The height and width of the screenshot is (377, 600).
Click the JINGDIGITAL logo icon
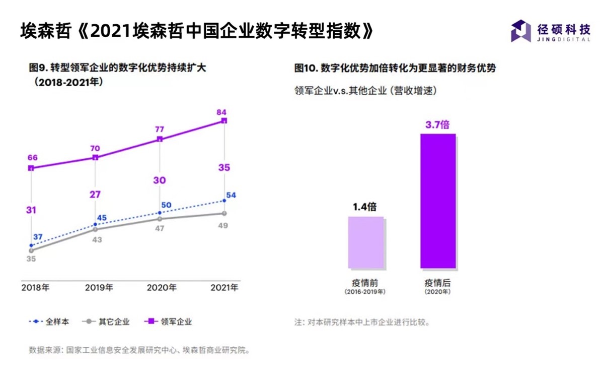(521, 31)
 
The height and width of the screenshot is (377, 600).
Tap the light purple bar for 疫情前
(366, 242)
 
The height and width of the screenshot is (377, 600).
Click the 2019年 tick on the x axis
(99, 288)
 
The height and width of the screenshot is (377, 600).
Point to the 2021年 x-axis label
(224, 288)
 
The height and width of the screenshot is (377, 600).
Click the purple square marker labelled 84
(224, 120)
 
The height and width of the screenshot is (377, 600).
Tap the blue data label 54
(231, 195)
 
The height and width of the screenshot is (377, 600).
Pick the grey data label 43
(97, 240)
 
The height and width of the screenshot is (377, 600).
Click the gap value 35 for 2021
(224, 168)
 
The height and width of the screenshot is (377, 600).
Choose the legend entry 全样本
(48, 322)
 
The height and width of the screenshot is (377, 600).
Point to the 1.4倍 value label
(365, 207)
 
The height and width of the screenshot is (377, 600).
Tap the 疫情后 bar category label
(437, 283)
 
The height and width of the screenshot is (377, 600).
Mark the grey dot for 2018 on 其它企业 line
(31, 250)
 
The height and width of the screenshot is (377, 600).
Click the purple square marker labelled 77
(160, 139)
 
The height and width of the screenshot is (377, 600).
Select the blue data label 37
(38, 237)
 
